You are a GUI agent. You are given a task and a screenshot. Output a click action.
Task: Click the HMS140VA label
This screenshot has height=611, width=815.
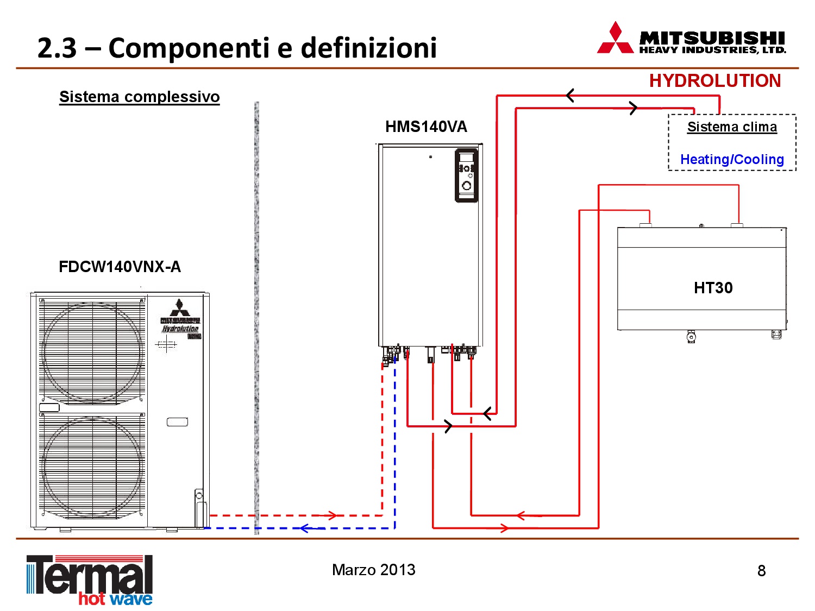(x=426, y=127)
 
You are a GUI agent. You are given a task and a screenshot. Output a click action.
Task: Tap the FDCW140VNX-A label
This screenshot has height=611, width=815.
(x=120, y=267)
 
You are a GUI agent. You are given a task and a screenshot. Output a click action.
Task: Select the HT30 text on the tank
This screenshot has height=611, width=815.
(x=713, y=288)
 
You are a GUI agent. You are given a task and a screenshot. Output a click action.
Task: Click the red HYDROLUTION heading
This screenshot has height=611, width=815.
(x=714, y=81)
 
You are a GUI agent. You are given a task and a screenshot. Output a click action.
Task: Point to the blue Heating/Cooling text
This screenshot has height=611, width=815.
(x=732, y=160)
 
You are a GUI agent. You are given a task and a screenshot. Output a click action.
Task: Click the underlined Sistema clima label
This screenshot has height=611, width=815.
(x=732, y=127)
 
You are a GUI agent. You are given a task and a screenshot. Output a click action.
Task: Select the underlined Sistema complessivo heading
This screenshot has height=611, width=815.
(x=139, y=97)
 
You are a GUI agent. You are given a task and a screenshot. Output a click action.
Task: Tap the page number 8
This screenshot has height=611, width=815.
(x=761, y=571)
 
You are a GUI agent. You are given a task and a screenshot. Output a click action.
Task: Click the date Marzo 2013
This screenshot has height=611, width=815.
(x=374, y=570)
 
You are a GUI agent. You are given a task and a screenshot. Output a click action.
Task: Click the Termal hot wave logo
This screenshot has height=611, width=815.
(x=90, y=580)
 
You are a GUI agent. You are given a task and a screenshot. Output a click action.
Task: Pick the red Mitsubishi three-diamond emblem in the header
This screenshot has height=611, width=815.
(x=615, y=39)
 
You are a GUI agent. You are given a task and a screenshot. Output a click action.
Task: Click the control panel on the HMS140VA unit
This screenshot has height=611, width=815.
(x=466, y=175)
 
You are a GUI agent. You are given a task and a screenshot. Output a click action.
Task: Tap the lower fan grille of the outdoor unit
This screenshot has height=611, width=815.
(x=92, y=467)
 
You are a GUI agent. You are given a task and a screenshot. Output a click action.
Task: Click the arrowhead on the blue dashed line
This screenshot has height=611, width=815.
(x=305, y=528)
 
